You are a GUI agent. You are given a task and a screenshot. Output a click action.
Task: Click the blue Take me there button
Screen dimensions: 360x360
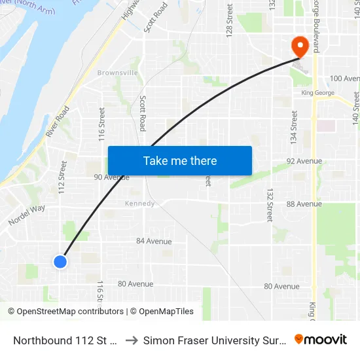point(179,160)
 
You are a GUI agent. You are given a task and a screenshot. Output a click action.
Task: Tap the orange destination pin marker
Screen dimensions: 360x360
point(300,46)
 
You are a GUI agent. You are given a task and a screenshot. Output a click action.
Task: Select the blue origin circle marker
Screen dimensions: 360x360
point(60,262)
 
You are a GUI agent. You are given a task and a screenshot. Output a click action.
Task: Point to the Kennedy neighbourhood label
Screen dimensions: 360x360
point(139,204)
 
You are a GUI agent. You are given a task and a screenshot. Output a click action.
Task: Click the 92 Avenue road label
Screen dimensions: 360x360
point(304,161)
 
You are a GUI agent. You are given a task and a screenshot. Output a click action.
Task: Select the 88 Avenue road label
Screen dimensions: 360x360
point(304,204)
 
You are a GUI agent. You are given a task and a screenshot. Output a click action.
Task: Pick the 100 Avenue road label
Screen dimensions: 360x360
point(344,79)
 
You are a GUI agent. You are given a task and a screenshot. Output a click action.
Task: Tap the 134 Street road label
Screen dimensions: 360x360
point(294,128)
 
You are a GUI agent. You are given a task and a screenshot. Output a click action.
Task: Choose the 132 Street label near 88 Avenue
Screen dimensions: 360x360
point(270,204)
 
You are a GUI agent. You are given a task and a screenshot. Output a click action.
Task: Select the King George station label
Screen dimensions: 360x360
point(317,93)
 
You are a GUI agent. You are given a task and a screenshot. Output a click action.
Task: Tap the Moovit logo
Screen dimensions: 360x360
point(321,340)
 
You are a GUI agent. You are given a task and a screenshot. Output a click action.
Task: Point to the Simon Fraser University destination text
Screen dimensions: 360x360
point(215,340)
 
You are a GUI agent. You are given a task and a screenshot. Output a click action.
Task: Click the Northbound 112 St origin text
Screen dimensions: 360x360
point(65,340)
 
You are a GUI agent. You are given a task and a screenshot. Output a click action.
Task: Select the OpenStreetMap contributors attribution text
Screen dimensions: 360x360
point(65,312)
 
